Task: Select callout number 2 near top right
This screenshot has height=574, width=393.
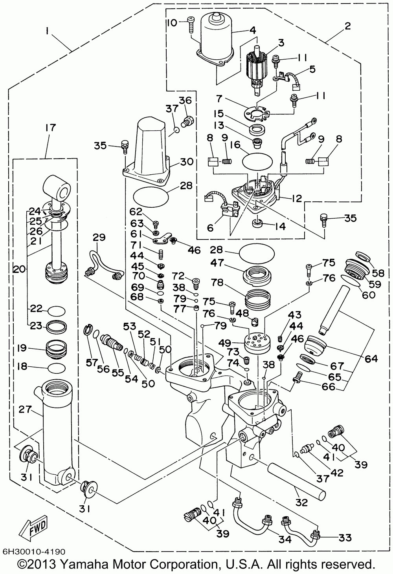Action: pos(347,27)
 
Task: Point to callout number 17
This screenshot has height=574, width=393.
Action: pos(51,128)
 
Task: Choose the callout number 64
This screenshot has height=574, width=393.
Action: pos(371,358)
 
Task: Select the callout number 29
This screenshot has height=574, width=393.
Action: pos(99,237)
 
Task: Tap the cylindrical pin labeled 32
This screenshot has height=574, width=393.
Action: pos(297,480)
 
